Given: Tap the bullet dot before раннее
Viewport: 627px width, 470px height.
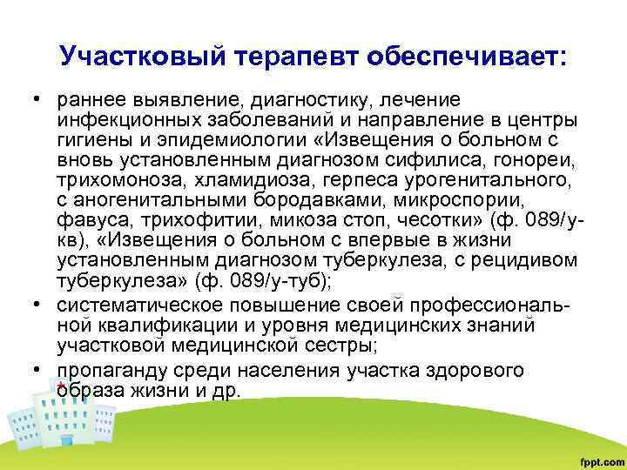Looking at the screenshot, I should click(x=42, y=100).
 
